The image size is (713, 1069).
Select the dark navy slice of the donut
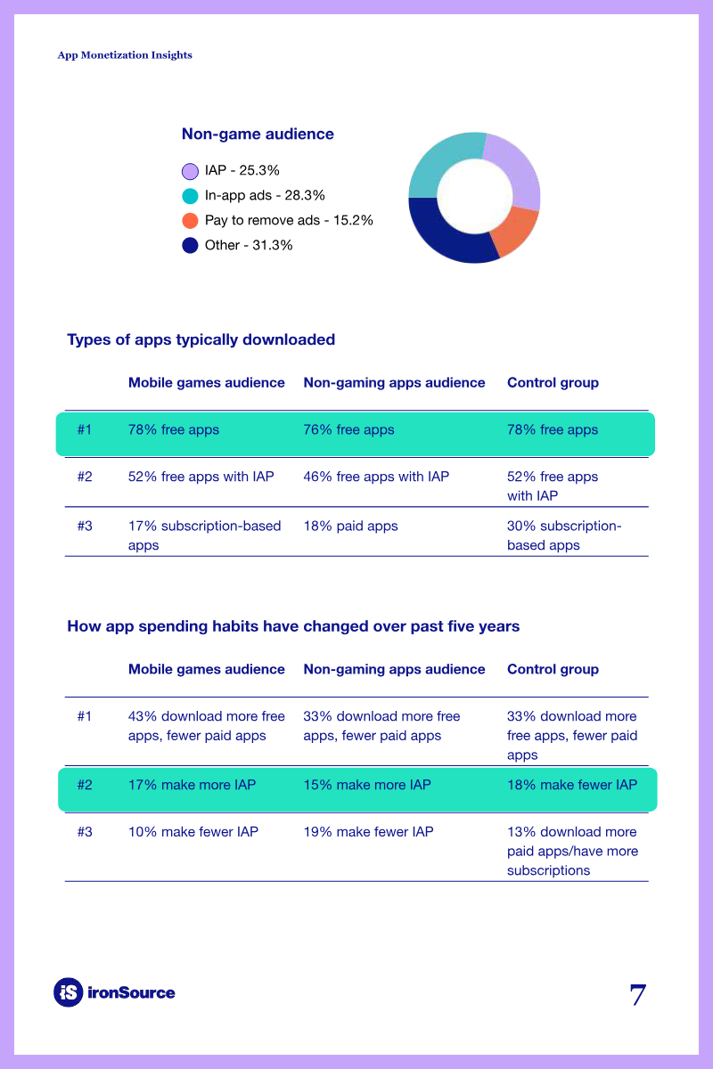(x=444, y=236)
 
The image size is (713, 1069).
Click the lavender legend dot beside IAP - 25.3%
(x=190, y=171)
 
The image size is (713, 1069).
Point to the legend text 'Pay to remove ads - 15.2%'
(x=289, y=220)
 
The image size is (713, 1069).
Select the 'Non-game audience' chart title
(x=258, y=135)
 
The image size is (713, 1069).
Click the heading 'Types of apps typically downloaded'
(x=201, y=339)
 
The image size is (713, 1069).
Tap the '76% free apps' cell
(x=349, y=429)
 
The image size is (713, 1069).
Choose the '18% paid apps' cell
(x=350, y=526)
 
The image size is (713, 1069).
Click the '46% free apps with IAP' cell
(x=376, y=477)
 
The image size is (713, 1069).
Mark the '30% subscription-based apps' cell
(x=564, y=535)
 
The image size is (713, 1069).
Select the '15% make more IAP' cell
(x=367, y=785)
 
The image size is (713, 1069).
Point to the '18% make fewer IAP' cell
(x=572, y=785)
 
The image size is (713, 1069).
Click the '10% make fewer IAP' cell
(x=193, y=831)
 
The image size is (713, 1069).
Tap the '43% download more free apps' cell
(x=206, y=726)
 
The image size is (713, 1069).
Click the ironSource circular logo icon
(x=69, y=992)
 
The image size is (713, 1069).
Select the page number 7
(x=638, y=994)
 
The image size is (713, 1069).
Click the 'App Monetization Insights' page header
(x=125, y=55)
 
